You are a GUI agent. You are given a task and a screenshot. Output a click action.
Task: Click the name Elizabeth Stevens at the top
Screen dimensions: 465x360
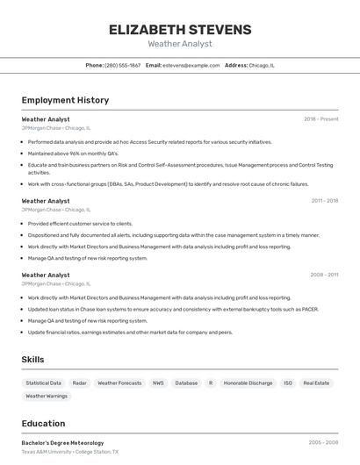tap(180, 30)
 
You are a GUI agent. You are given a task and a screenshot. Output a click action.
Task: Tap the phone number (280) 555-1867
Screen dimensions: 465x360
tap(122, 65)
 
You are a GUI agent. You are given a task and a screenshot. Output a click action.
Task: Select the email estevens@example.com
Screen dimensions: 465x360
tap(191, 65)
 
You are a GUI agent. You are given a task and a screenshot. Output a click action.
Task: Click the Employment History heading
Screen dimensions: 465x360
tap(65, 100)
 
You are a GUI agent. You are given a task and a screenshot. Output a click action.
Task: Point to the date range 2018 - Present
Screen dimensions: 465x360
tap(320, 118)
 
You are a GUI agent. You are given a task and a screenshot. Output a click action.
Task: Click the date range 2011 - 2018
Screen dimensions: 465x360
tap(324, 201)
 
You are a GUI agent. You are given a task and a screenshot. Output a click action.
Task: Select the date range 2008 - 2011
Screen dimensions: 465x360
tap(324, 275)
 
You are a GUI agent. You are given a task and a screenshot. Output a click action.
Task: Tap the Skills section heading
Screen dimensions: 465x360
tap(32, 360)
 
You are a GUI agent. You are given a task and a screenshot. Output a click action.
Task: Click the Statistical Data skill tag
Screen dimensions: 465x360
tap(43, 383)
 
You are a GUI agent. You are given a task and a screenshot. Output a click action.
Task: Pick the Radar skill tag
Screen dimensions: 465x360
tap(79, 383)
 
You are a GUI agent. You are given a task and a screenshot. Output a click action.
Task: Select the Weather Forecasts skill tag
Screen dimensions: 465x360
tap(119, 383)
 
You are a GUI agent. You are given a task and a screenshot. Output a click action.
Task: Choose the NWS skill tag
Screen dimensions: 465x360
tap(158, 383)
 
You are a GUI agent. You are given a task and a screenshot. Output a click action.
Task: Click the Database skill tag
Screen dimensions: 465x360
tap(186, 383)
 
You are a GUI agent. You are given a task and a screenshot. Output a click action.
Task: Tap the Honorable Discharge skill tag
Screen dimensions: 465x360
tap(248, 383)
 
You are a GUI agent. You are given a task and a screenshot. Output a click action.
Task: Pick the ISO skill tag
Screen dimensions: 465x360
tap(288, 383)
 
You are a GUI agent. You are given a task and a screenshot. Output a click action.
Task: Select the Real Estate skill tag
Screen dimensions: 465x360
tap(316, 383)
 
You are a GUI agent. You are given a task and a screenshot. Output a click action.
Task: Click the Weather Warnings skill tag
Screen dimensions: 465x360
tap(47, 397)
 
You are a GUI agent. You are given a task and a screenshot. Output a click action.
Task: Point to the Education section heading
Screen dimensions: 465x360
tap(43, 423)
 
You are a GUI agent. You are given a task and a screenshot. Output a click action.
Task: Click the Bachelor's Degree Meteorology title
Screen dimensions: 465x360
tap(62, 443)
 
